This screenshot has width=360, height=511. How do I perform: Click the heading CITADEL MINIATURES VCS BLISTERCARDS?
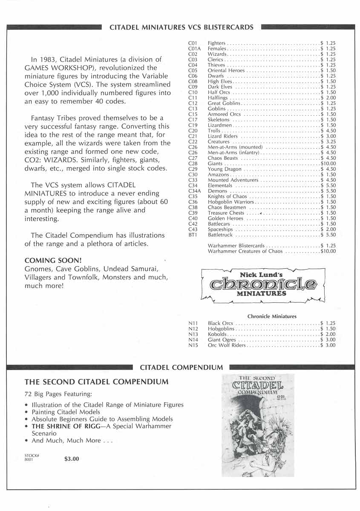181,27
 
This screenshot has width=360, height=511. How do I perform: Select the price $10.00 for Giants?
328,164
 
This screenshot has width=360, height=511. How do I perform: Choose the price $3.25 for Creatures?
328,142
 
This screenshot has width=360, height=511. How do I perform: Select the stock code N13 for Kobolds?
192,334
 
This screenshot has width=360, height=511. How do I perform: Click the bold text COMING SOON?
53,260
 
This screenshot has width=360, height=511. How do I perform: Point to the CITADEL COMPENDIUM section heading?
181,367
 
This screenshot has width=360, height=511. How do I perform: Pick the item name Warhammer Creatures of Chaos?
245,251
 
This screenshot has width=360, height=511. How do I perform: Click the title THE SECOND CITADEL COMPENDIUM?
96,382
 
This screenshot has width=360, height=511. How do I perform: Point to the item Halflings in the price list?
218,98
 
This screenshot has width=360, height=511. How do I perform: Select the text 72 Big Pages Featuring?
58,394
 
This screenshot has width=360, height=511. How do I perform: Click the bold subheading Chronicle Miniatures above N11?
272,316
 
